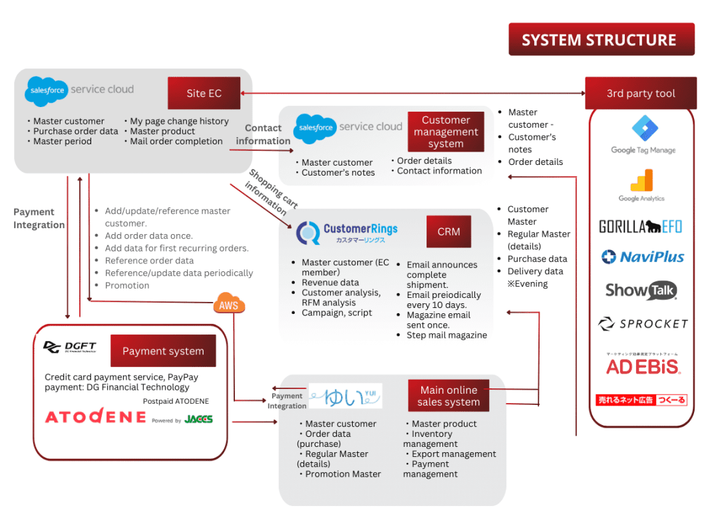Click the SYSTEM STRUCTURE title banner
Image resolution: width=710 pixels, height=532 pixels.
(601, 40)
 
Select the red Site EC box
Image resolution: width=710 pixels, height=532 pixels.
(204, 93)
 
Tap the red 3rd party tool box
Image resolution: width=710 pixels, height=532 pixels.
(640, 93)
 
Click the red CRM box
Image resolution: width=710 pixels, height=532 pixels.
(449, 232)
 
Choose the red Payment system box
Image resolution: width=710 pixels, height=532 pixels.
(163, 351)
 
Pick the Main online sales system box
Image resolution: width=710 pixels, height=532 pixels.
(448, 396)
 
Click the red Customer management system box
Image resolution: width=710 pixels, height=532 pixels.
(446, 132)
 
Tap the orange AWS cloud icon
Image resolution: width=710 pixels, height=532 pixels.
(229, 305)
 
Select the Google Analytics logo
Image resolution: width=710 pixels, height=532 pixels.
(641, 185)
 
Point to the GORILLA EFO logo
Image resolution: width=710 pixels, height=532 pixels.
(640, 227)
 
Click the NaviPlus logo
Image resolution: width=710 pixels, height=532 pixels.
(642, 257)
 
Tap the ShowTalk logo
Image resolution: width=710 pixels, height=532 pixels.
(641, 291)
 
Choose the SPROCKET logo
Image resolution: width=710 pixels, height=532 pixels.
(642, 324)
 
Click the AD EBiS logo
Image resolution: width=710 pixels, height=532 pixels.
(642, 366)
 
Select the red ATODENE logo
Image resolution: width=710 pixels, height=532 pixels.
(95, 417)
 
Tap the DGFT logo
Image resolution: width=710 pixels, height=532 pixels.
(70, 347)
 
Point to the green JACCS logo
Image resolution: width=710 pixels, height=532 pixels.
(199, 419)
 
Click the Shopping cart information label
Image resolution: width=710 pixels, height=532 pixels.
(272, 192)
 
